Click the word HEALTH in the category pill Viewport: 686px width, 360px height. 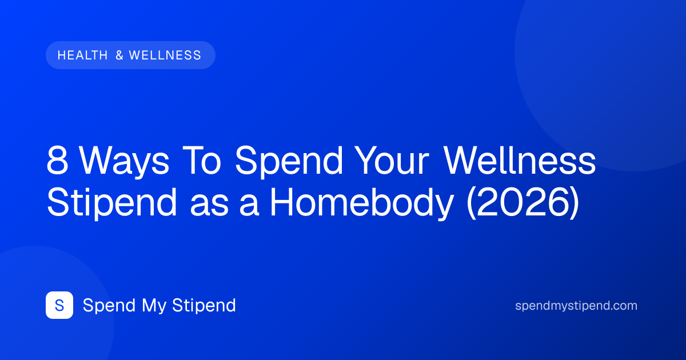83,55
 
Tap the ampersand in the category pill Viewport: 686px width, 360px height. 119,55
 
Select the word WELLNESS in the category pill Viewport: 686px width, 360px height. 165,55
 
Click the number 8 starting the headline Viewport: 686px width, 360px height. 57,161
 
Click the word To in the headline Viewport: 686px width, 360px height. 201,161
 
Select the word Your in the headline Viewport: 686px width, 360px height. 393,161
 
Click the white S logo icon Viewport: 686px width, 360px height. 59,305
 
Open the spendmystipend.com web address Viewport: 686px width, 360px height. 576,306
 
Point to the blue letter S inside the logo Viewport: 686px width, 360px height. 59,305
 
